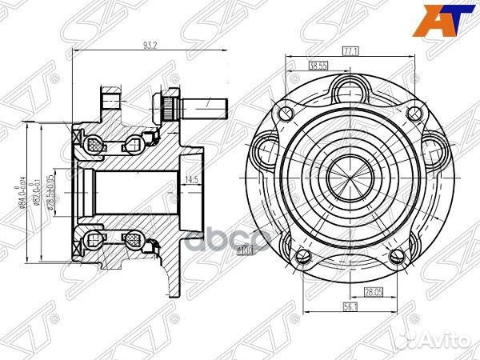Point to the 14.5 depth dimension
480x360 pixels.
coord(191,178)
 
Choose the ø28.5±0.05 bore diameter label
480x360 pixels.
coord(51,191)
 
